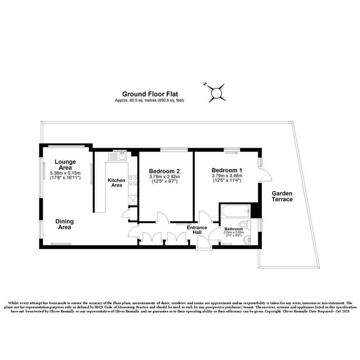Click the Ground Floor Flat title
(x=150, y=94)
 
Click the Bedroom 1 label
(x=227, y=170)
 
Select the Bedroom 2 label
(x=165, y=171)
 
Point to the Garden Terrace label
(x=282, y=196)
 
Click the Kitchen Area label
(x=117, y=183)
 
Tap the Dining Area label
(x=64, y=224)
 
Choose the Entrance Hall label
(x=197, y=230)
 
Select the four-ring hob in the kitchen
(x=133, y=181)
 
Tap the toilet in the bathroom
(x=245, y=224)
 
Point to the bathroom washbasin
(x=247, y=240)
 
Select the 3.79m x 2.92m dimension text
(x=165, y=177)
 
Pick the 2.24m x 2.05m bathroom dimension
(x=234, y=232)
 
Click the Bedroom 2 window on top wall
(x=174, y=149)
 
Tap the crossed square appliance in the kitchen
(x=133, y=200)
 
